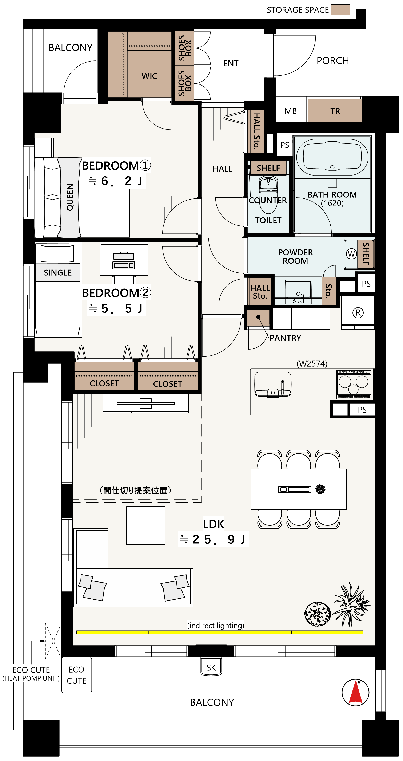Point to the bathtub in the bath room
click(332, 157)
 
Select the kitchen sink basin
click(273, 384)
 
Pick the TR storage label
click(335, 111)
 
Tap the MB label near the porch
click(291, 111)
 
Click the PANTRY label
click(285, 338)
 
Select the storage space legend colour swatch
click(340, 9)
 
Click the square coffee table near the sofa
click(145, 525)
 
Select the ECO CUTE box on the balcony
click(76, 675)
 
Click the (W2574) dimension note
click(312, 363)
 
